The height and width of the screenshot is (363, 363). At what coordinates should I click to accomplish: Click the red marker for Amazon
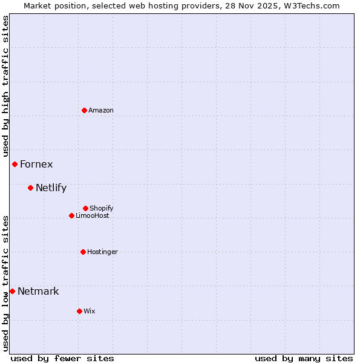[x=84, y=110]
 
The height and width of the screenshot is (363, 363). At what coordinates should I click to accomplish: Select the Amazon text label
[x=101, y=111]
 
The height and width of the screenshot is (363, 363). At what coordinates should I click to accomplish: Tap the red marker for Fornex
[x=15, y=164]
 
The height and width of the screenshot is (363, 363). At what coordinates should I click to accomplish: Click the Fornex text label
[x=36, y=165]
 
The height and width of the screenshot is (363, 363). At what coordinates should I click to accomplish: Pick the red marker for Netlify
[x=30, y=188]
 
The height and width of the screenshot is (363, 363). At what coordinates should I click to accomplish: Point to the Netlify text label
[x=51, y=188]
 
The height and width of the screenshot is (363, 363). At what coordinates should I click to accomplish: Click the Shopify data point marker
[x=85, y=208]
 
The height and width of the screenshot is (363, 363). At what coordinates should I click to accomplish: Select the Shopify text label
[x=102, y=209]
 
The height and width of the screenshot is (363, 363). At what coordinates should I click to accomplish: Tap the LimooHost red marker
[x=71, y=215]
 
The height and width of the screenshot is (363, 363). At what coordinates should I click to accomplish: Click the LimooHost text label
[x=93, y=216]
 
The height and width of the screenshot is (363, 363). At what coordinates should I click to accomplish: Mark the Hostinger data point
[x=83, y=252]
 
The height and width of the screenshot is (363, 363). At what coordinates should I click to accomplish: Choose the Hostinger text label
[x=102, y=252]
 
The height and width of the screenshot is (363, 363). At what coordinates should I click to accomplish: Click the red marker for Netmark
[x=12, y=291]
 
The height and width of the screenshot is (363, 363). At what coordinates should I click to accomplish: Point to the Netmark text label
[x=38, y=292]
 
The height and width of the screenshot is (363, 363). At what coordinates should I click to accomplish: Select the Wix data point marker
[x=79, y=311]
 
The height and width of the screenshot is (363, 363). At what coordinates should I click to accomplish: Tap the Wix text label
[x=90, y=312]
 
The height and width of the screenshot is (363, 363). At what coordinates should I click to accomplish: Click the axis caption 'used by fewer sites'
[x=62, y=358]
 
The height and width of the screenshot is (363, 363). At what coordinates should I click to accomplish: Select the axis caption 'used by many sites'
[x=304, y=358]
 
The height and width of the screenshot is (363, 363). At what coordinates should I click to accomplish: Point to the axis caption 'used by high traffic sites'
[x=5, y=86]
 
